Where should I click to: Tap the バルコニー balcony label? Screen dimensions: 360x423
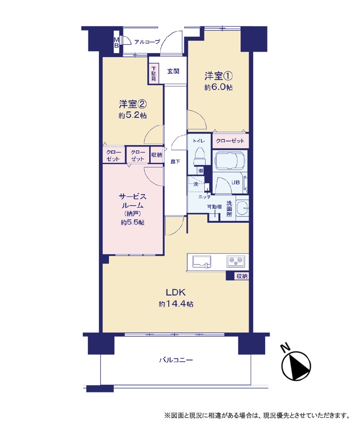point(176,360)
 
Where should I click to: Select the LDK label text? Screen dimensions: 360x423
point(175,292)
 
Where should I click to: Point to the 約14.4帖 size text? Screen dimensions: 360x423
point(176,304)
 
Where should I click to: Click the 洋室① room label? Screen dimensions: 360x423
point(218,76)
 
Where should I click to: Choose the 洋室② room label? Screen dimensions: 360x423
point(133,104)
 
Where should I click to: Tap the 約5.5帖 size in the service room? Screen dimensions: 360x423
point(133,223)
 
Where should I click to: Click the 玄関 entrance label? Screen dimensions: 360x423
point(173,71)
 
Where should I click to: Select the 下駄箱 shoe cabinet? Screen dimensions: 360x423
point(154,73)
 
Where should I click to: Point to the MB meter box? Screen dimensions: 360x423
point(116,43)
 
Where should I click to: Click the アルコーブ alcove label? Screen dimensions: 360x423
point(147,42)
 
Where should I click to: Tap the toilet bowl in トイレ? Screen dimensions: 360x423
point(200,156)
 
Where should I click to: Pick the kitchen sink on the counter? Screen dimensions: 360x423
point(201,261)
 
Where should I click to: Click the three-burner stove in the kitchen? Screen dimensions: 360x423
point(235,261)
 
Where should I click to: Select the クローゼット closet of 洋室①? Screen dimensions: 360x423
point(230,141)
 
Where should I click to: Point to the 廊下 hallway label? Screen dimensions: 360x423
point(175,162)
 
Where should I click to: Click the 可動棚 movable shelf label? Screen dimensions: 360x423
point(214,207)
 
